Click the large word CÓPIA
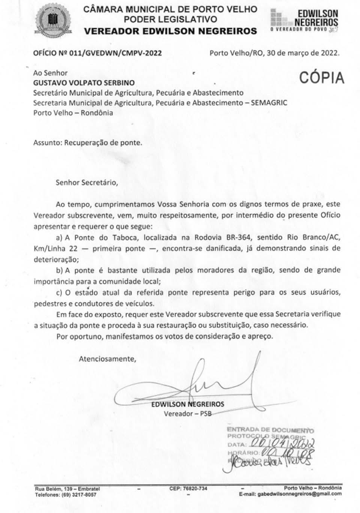[321, 78]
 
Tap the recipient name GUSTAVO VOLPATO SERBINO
[84, 83]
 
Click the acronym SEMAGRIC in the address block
[269, 102]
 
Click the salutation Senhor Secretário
[87, 183]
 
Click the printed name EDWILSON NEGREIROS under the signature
[187, 404]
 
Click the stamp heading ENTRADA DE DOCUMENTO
[270, 430]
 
